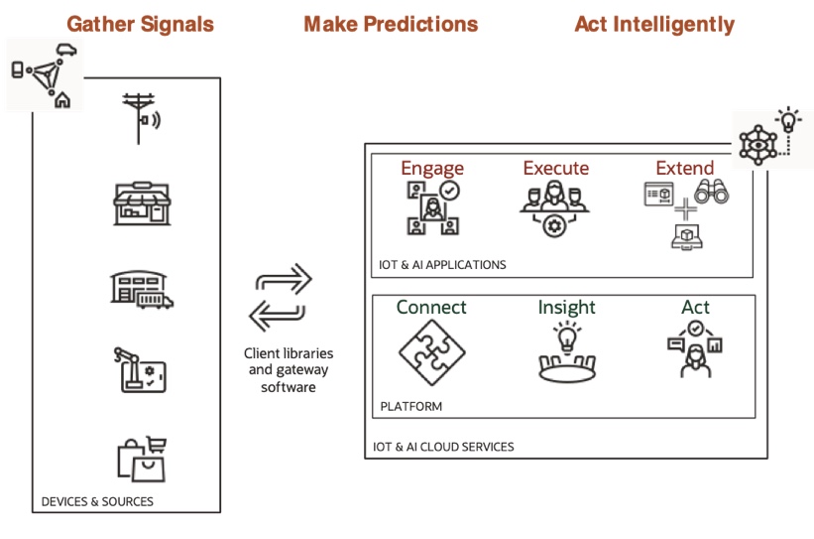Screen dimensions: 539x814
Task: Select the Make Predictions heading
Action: (x=391, y=24)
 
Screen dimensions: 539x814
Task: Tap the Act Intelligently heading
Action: (x=654, y=24)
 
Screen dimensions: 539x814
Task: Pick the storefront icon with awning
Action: (x=143, y=204)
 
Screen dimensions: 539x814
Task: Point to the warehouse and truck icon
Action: (x=141, y=287)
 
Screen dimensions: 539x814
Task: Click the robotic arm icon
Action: (x=141, y=368)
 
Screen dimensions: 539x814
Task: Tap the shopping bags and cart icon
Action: (x=141, y=458)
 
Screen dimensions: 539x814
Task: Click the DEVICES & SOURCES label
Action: (x=97, y=502)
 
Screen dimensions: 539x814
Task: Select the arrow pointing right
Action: (x=284, y=281)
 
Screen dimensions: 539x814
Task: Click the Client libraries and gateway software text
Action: (x=289, y=369)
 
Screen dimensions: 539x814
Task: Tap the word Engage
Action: (x=432, y=169)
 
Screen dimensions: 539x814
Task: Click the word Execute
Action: (x=555, y=169)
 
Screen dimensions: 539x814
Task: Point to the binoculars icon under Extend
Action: (x=711, y=192)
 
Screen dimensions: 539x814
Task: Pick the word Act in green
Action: (x=695, y=307)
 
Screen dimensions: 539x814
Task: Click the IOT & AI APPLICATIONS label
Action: (x=442, y=265)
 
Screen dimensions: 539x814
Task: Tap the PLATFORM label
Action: (x=411, y=406)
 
